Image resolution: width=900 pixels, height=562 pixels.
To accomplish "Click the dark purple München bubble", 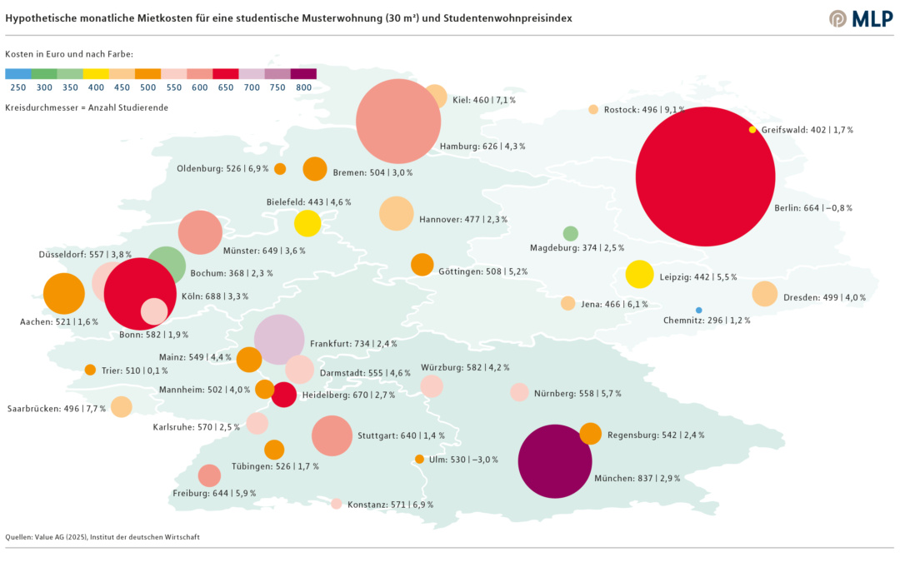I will click(555, 461).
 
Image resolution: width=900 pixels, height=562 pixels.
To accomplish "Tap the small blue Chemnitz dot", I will click(698, 310).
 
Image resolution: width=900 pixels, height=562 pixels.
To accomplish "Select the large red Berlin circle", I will click(705, 177).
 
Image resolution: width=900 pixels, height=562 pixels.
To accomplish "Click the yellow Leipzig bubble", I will click(639, 274).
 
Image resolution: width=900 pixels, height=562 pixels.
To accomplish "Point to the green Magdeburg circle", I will click(570, 233).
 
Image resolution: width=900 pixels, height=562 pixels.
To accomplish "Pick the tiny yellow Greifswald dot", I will click(752, 129).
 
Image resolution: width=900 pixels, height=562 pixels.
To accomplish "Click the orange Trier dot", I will click(90, 370).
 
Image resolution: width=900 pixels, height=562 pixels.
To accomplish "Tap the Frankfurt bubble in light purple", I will click(279, 340).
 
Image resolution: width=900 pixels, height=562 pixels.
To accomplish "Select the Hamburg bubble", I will click(398, 122).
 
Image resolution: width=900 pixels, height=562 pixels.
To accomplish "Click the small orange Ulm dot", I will click(419, 459).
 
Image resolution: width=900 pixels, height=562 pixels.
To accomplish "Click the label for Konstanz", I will click(390, 505).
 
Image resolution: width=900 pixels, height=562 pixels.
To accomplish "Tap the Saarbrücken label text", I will click(54, 409).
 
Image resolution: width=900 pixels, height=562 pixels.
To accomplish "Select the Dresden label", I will click(824, 297).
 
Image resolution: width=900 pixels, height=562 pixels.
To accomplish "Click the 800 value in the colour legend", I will click(303, 87).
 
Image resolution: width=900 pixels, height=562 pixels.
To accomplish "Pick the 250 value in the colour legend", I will click(17, 87).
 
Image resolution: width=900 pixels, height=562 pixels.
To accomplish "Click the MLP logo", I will click(861, 18).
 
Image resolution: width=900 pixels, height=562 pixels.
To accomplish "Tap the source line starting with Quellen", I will click(102, 537).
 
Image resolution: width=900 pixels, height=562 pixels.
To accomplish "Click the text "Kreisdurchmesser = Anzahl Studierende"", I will click(87, 108).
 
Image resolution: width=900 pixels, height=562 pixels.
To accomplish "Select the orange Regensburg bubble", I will click(590, 434).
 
